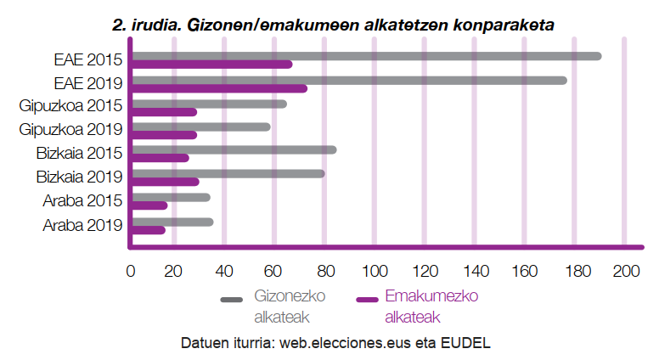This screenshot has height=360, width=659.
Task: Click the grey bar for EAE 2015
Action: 367,56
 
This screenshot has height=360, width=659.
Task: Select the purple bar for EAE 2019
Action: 220,88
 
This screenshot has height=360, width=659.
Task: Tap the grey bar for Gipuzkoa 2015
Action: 209,104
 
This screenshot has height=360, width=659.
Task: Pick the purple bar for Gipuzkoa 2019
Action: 165,135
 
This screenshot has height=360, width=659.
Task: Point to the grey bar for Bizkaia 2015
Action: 234,150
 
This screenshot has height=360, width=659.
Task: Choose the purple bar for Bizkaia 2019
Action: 166,182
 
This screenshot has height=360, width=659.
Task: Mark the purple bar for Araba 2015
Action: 149,205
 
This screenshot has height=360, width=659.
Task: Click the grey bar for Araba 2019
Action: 172,222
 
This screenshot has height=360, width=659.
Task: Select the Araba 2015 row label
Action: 82,200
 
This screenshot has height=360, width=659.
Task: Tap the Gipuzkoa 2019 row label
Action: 70,129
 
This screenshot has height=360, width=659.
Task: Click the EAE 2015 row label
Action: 87,59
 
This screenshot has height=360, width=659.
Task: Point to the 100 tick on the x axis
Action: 375,272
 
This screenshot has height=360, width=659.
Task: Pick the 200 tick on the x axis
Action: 626,272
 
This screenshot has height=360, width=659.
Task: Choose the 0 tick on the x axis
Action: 131,272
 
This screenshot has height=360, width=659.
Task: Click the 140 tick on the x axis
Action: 476,272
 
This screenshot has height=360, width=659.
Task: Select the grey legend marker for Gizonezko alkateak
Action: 232,300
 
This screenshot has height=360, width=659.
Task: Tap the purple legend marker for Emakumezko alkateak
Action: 367,300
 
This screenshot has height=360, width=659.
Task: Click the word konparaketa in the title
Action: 504,25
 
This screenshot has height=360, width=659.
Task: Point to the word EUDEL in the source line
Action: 465,343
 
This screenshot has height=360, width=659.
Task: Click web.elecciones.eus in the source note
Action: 345,343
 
